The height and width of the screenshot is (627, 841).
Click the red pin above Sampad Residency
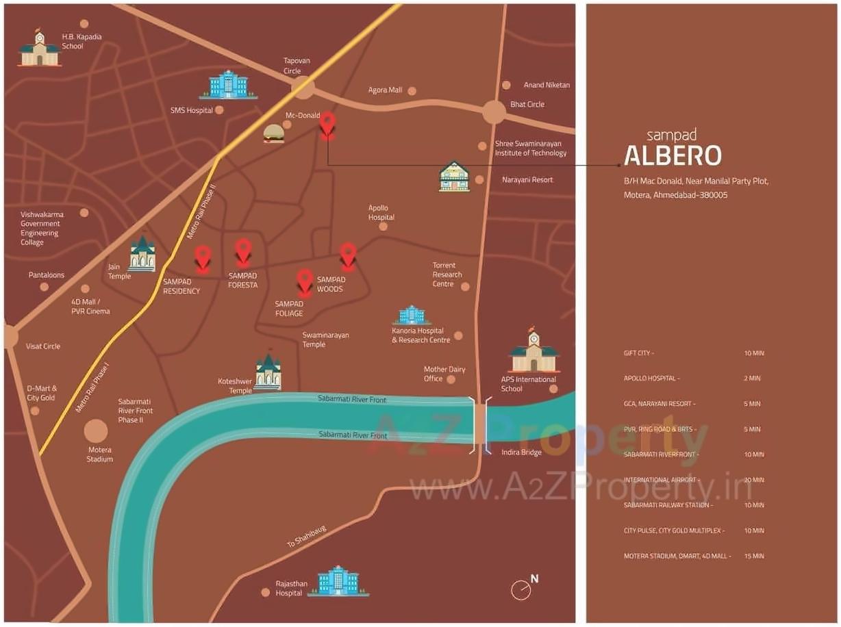(202, 259)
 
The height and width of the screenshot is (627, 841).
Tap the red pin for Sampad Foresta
(243, 251)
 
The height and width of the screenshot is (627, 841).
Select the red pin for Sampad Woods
(348, 255)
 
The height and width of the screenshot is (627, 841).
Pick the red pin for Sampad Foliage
(305, 281)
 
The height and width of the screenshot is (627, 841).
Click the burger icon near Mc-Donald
(273, 133)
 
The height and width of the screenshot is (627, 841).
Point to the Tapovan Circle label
(297, 66)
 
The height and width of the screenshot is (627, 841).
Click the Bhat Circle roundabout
(493, 112)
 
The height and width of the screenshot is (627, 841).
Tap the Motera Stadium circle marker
(96, 431)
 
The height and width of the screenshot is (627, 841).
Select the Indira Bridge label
(521, 452)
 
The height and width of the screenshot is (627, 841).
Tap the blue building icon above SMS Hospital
(228, 85)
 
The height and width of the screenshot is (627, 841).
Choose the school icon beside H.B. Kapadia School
(39, 49)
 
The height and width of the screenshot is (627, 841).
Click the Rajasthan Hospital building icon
(338, 581)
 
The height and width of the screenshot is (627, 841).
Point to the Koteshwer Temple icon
(268, 373)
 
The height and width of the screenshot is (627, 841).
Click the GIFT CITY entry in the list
(638, 353)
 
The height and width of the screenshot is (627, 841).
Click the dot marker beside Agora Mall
(412, 90)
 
